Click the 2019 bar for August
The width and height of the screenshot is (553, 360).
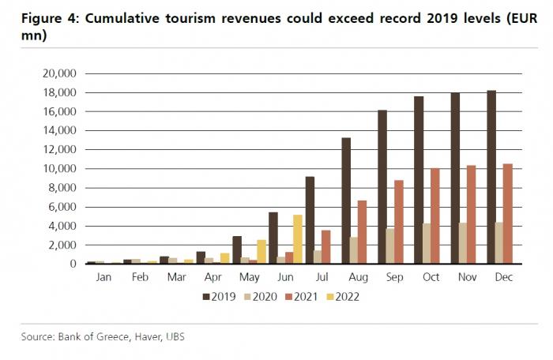346,201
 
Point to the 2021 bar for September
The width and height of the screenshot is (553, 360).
399,222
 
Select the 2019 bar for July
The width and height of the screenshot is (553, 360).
310,220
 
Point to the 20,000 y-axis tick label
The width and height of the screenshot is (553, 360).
57,73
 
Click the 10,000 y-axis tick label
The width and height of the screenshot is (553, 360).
57,169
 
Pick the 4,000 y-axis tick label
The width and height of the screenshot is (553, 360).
60,226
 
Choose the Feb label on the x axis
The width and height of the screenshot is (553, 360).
140,278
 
